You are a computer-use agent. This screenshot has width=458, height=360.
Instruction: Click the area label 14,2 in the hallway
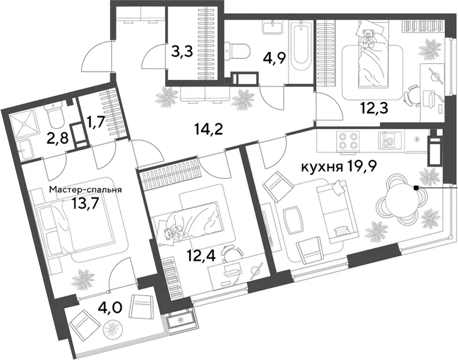pos(209,129)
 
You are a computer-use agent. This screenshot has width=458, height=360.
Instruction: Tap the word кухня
pos(321,167)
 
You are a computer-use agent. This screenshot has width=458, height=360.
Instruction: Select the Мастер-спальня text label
pos(85,190)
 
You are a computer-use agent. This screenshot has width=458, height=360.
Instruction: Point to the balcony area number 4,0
pos(110,308)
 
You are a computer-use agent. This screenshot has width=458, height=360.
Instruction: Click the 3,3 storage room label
pos(182,52)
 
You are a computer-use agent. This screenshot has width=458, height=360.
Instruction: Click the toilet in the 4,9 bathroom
pos(237,51)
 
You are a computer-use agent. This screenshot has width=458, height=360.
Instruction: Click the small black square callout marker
pos(416,188)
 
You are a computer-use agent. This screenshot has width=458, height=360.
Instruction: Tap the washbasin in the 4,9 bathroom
pos(273,27)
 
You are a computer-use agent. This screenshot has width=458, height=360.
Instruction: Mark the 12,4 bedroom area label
pos(202,256)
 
